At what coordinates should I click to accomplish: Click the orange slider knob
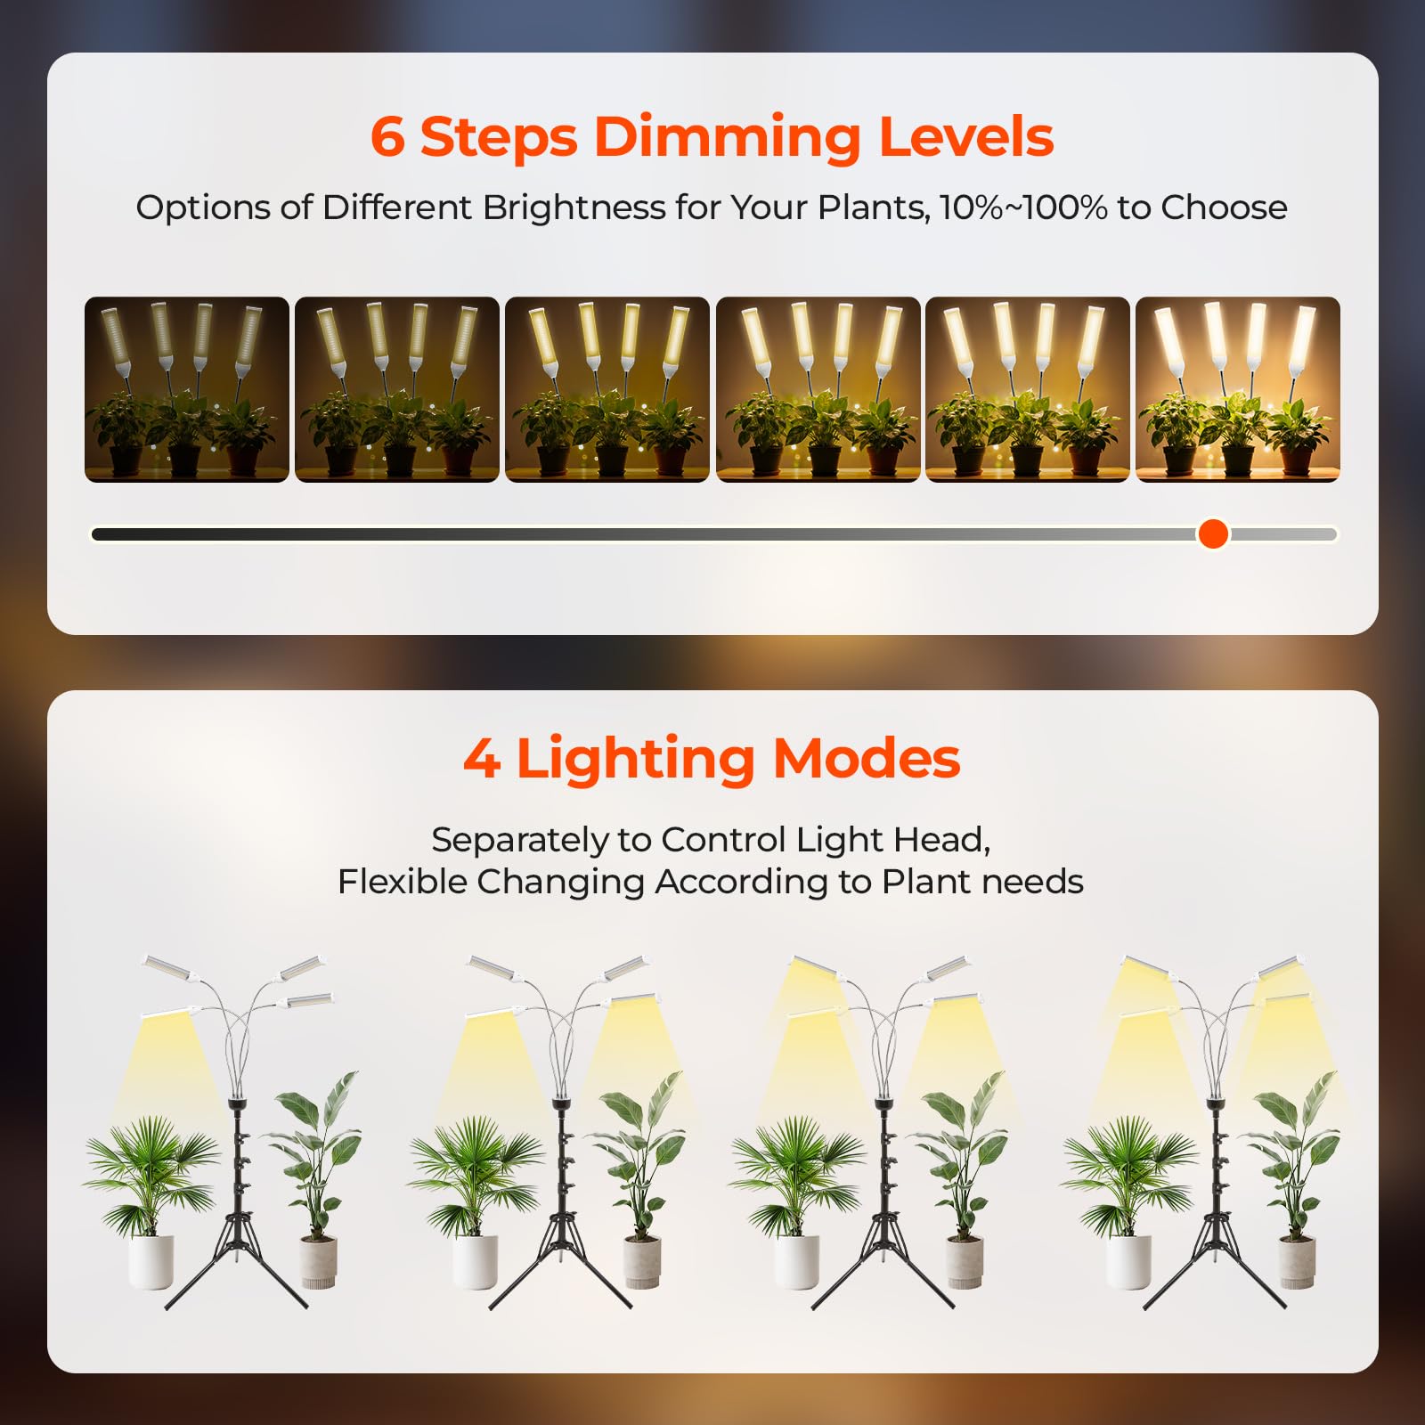pyautogui.click(x=1213, y=533)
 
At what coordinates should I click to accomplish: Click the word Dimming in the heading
pyautogui.click(x=727, y=137)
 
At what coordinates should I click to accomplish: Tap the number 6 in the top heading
pyautogui.click(x=387, y=137)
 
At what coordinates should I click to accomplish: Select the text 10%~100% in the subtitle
pyautogui.click(x=1023, y=208)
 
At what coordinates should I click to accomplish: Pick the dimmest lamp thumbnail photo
pyautogui.click(x=187, y=389)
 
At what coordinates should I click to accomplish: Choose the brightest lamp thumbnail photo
pyautogui.click(x=1237, y=389)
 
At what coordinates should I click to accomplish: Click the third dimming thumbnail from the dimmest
pyautogui.click(x=607, y=389)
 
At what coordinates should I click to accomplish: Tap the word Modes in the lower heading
pyautogui.click(x=867, y=759)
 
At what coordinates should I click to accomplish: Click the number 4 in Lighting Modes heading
pyautogui.click(x=482, y=759)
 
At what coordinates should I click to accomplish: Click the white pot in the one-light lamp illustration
pyautogui.click(x=151, y=1261)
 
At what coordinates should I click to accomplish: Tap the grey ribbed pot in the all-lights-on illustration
pyautogui.click(x=1297, y=1263)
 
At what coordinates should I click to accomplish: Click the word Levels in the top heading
pyautogui.click(x=966, y=137)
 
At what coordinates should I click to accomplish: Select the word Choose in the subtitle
pyautogui.click(x=1225, y=208)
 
